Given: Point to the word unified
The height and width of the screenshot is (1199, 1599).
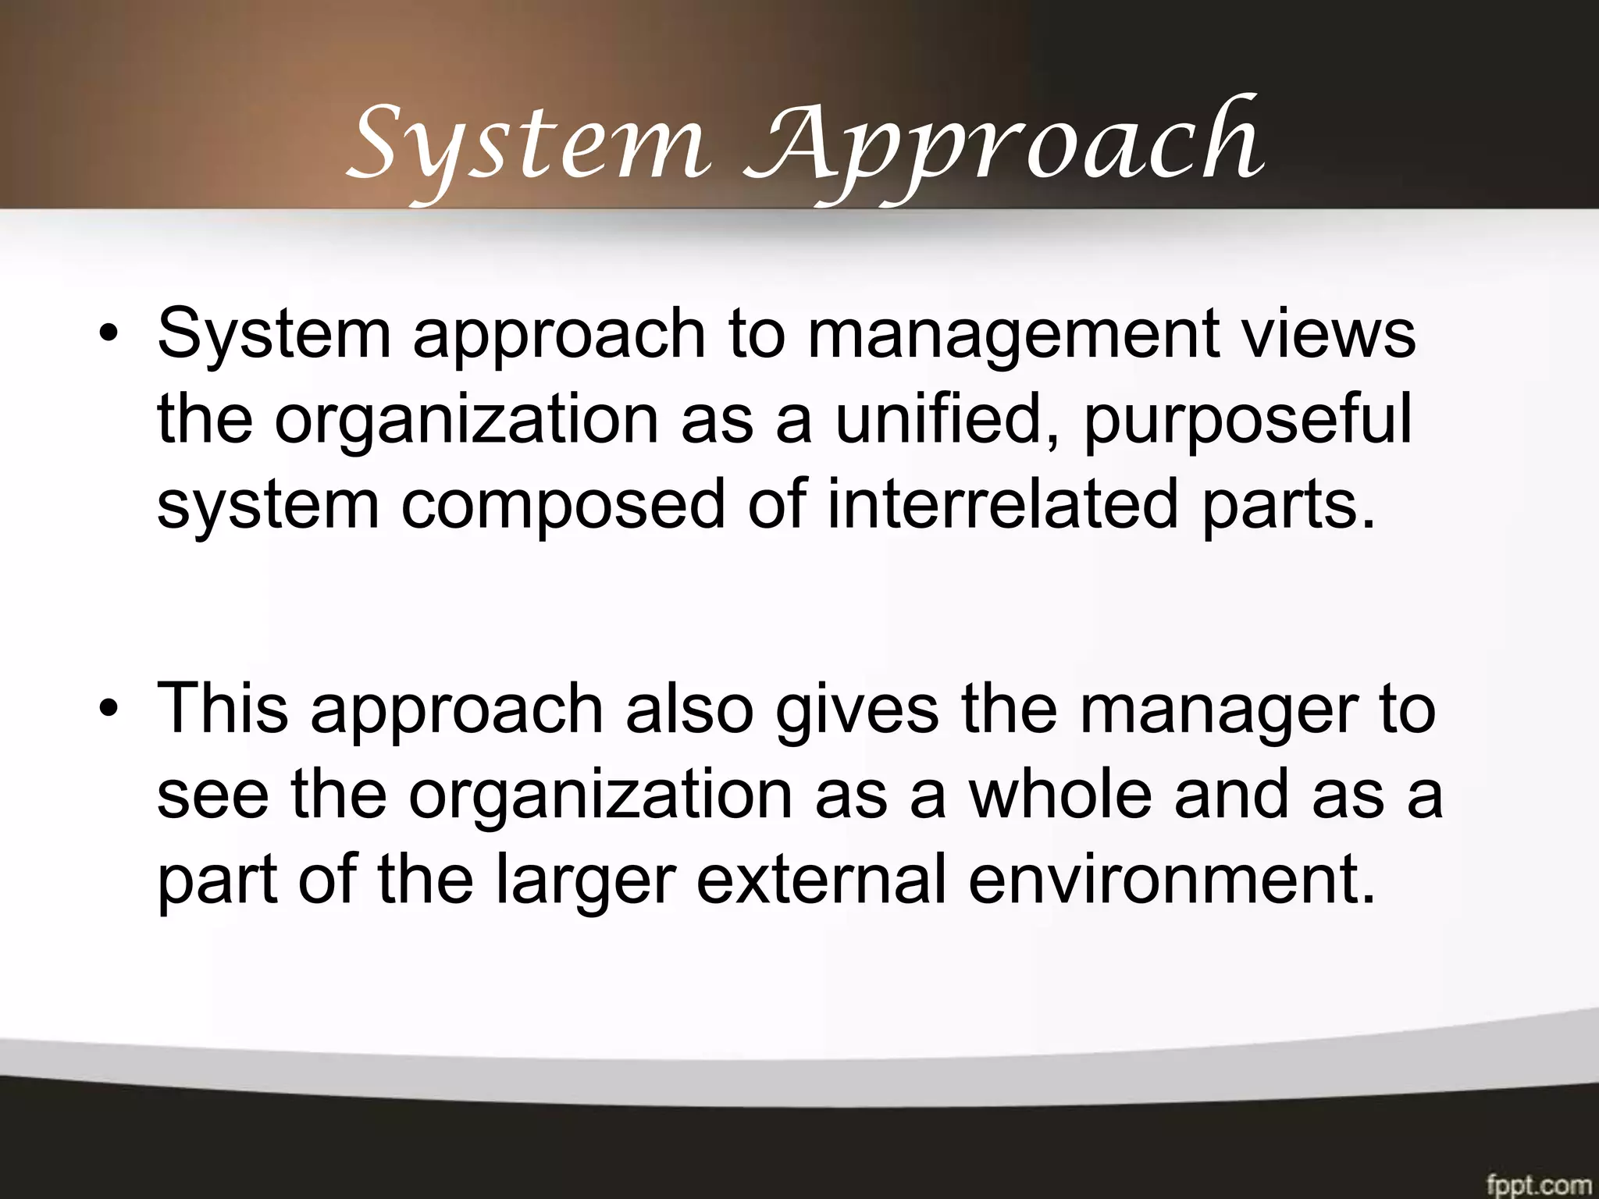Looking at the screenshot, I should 949,422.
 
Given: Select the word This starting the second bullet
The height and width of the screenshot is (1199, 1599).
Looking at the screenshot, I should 223,709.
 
